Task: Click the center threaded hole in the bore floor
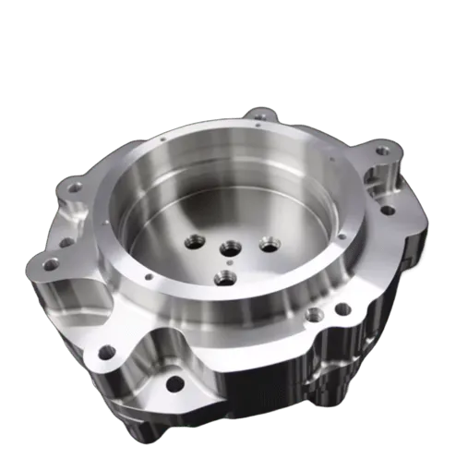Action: click(x=228, y=248)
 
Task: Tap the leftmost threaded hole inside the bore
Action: click(x=195, y=242)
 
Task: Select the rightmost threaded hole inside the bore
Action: click(x=269, y=245)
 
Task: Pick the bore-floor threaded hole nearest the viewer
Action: click(x=224, y=276)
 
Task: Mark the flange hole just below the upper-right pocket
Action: click(x=388, y=210)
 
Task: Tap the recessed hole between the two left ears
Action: click(x=66, y=242)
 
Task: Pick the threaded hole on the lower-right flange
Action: click(x=315, y=315)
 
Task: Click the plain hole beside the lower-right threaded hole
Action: click(x=342, y=308)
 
